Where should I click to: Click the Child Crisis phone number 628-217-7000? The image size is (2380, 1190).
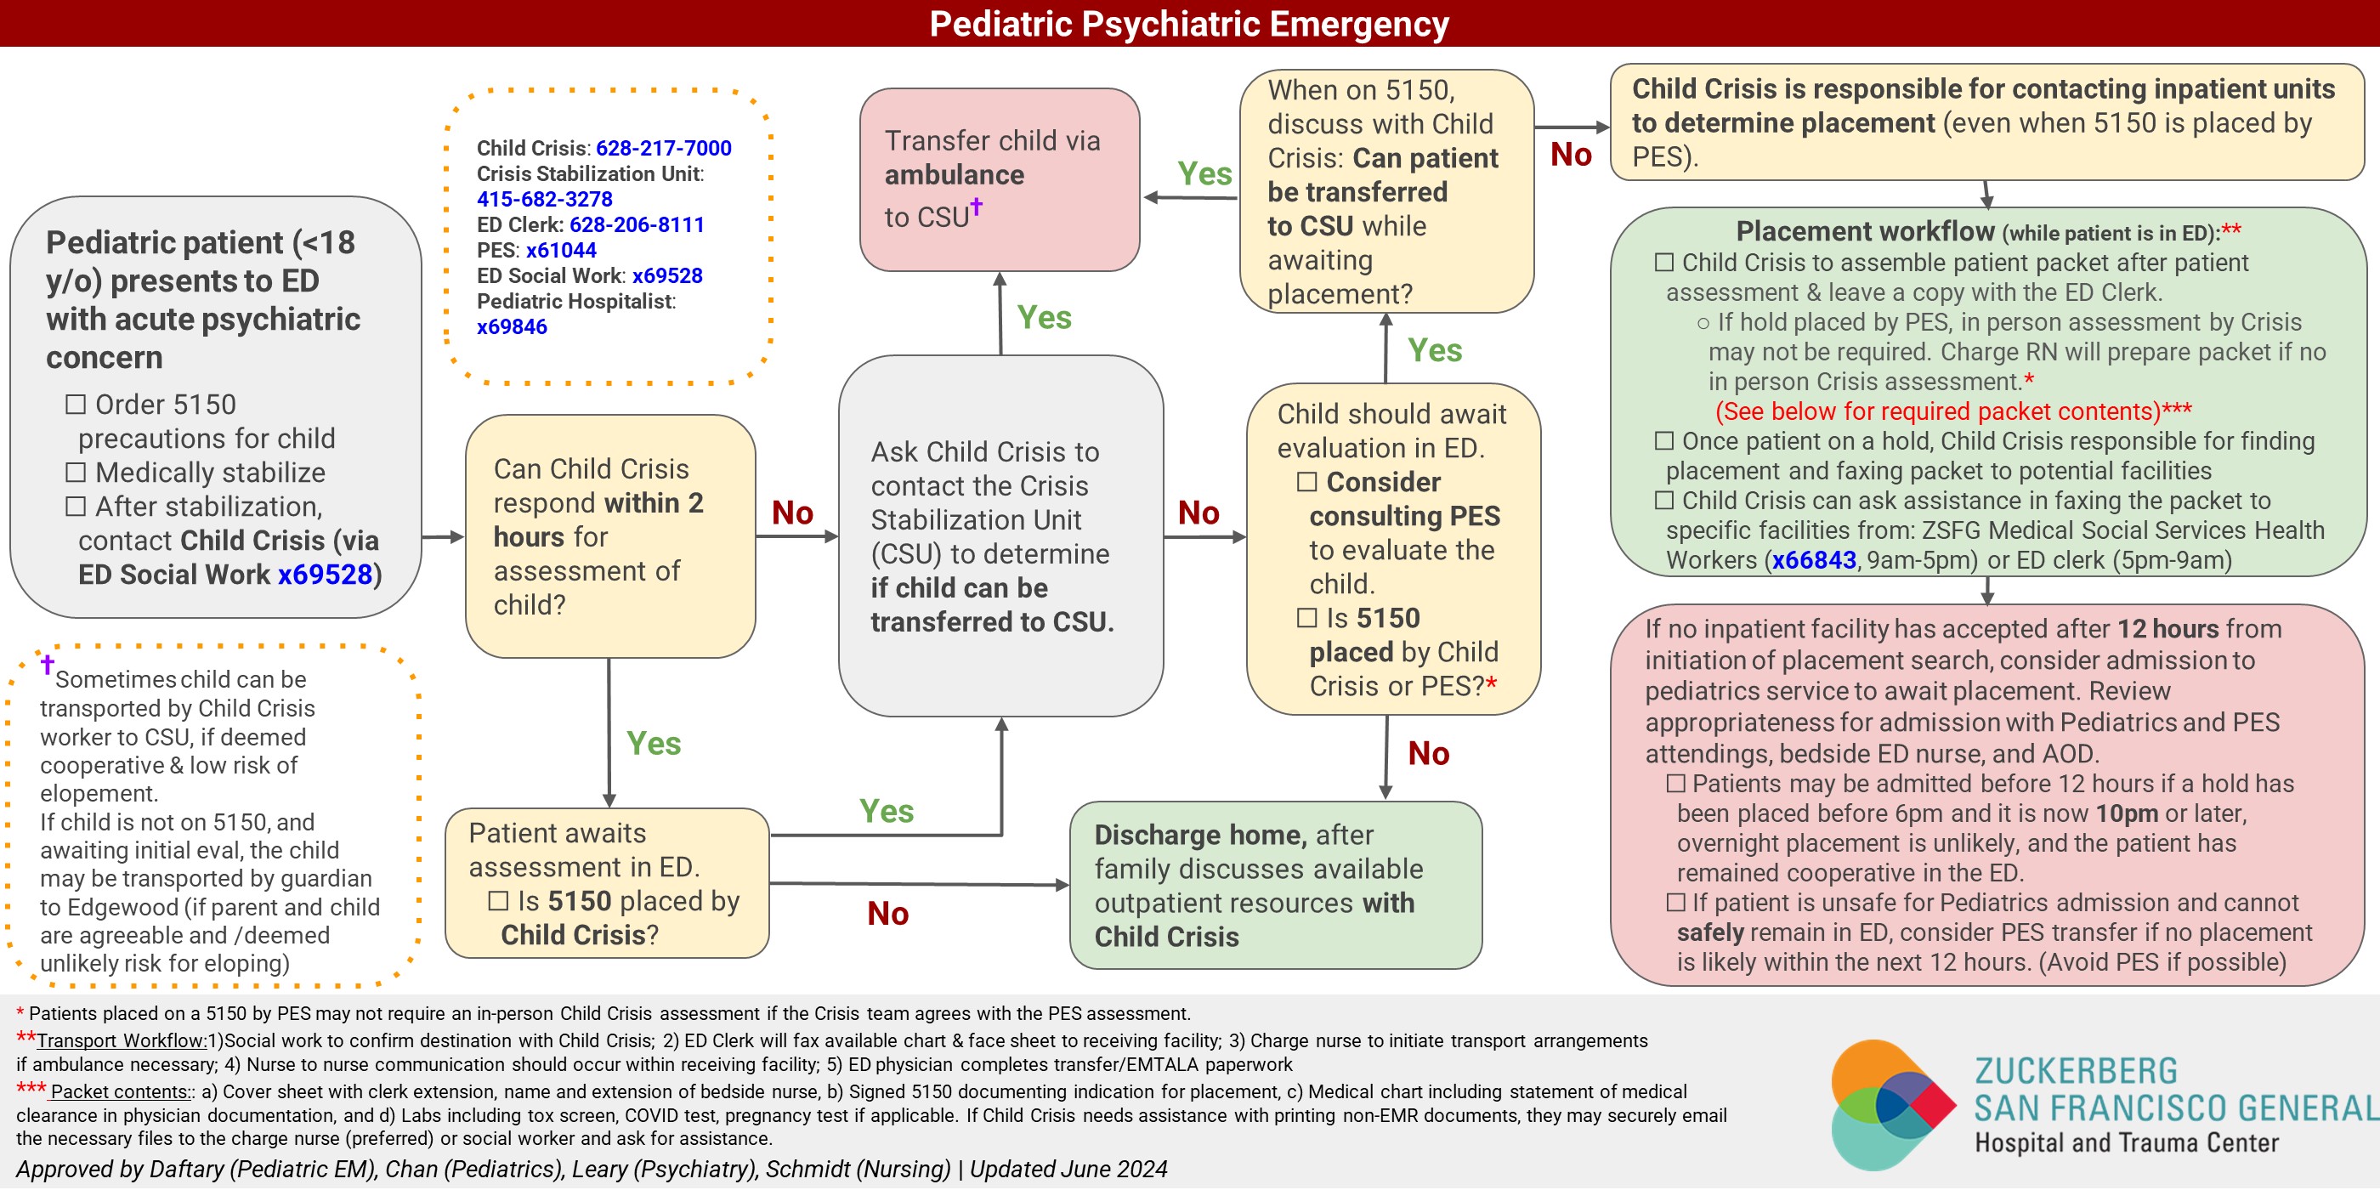(663, 148)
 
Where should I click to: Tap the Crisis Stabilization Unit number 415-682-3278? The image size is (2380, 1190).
(544, 199)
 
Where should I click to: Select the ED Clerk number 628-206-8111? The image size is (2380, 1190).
(637, 224)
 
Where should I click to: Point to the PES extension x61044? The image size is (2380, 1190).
(561, 251)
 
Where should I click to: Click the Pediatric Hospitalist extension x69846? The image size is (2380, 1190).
(512, 327)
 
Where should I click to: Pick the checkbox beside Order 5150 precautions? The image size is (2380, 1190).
(76, 405)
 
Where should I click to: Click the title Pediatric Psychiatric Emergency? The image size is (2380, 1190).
(1188, 24)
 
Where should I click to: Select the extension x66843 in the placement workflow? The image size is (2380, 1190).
(1814, 560)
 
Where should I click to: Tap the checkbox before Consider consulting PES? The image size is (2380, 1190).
(1307, 482)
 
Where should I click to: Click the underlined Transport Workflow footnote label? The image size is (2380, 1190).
(122, 1041)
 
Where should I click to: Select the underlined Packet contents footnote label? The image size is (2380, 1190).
(121, 1092)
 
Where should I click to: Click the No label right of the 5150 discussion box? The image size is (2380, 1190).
(1571, 155)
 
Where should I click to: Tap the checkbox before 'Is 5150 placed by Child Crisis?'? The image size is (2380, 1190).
(499, 901)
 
